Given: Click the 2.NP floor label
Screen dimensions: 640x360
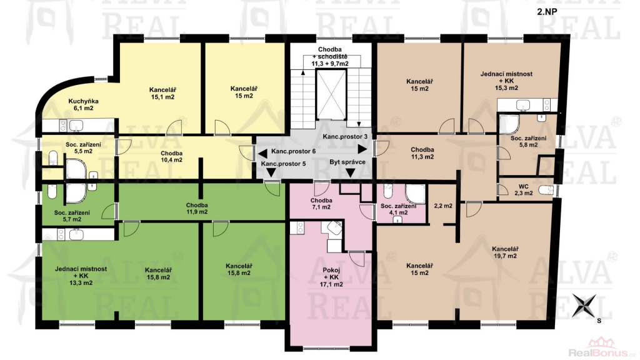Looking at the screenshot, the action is tap(547, 11).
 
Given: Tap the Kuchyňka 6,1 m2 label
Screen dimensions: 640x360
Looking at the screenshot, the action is tap(83, 104).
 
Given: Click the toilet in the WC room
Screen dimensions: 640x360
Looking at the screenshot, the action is tap(546, 190).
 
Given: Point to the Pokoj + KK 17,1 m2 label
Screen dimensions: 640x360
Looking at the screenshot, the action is tap(331, 277).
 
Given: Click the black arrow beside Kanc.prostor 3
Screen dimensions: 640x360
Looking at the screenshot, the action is tap(362, 149).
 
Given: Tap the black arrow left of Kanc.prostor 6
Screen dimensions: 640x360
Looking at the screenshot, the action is tap(263, 154).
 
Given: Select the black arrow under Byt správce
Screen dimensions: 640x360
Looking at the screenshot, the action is tap(350, 173).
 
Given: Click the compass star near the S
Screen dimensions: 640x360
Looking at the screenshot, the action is tap(584, 306).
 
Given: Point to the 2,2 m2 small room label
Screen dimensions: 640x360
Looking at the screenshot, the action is tap(443, 206).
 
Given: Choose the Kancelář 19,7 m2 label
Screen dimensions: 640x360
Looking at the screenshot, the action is tap(505, 252).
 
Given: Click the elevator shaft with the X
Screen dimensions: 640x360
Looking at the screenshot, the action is tap(331, 94).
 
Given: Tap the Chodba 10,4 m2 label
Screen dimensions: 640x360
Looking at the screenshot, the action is tap(171, 156).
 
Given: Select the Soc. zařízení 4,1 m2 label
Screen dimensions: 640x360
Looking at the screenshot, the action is tap(398, 209).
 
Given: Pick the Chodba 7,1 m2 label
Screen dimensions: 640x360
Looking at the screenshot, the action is tap(321, 204).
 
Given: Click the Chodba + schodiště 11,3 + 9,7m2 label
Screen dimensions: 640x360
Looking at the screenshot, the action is tap(330, 56).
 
